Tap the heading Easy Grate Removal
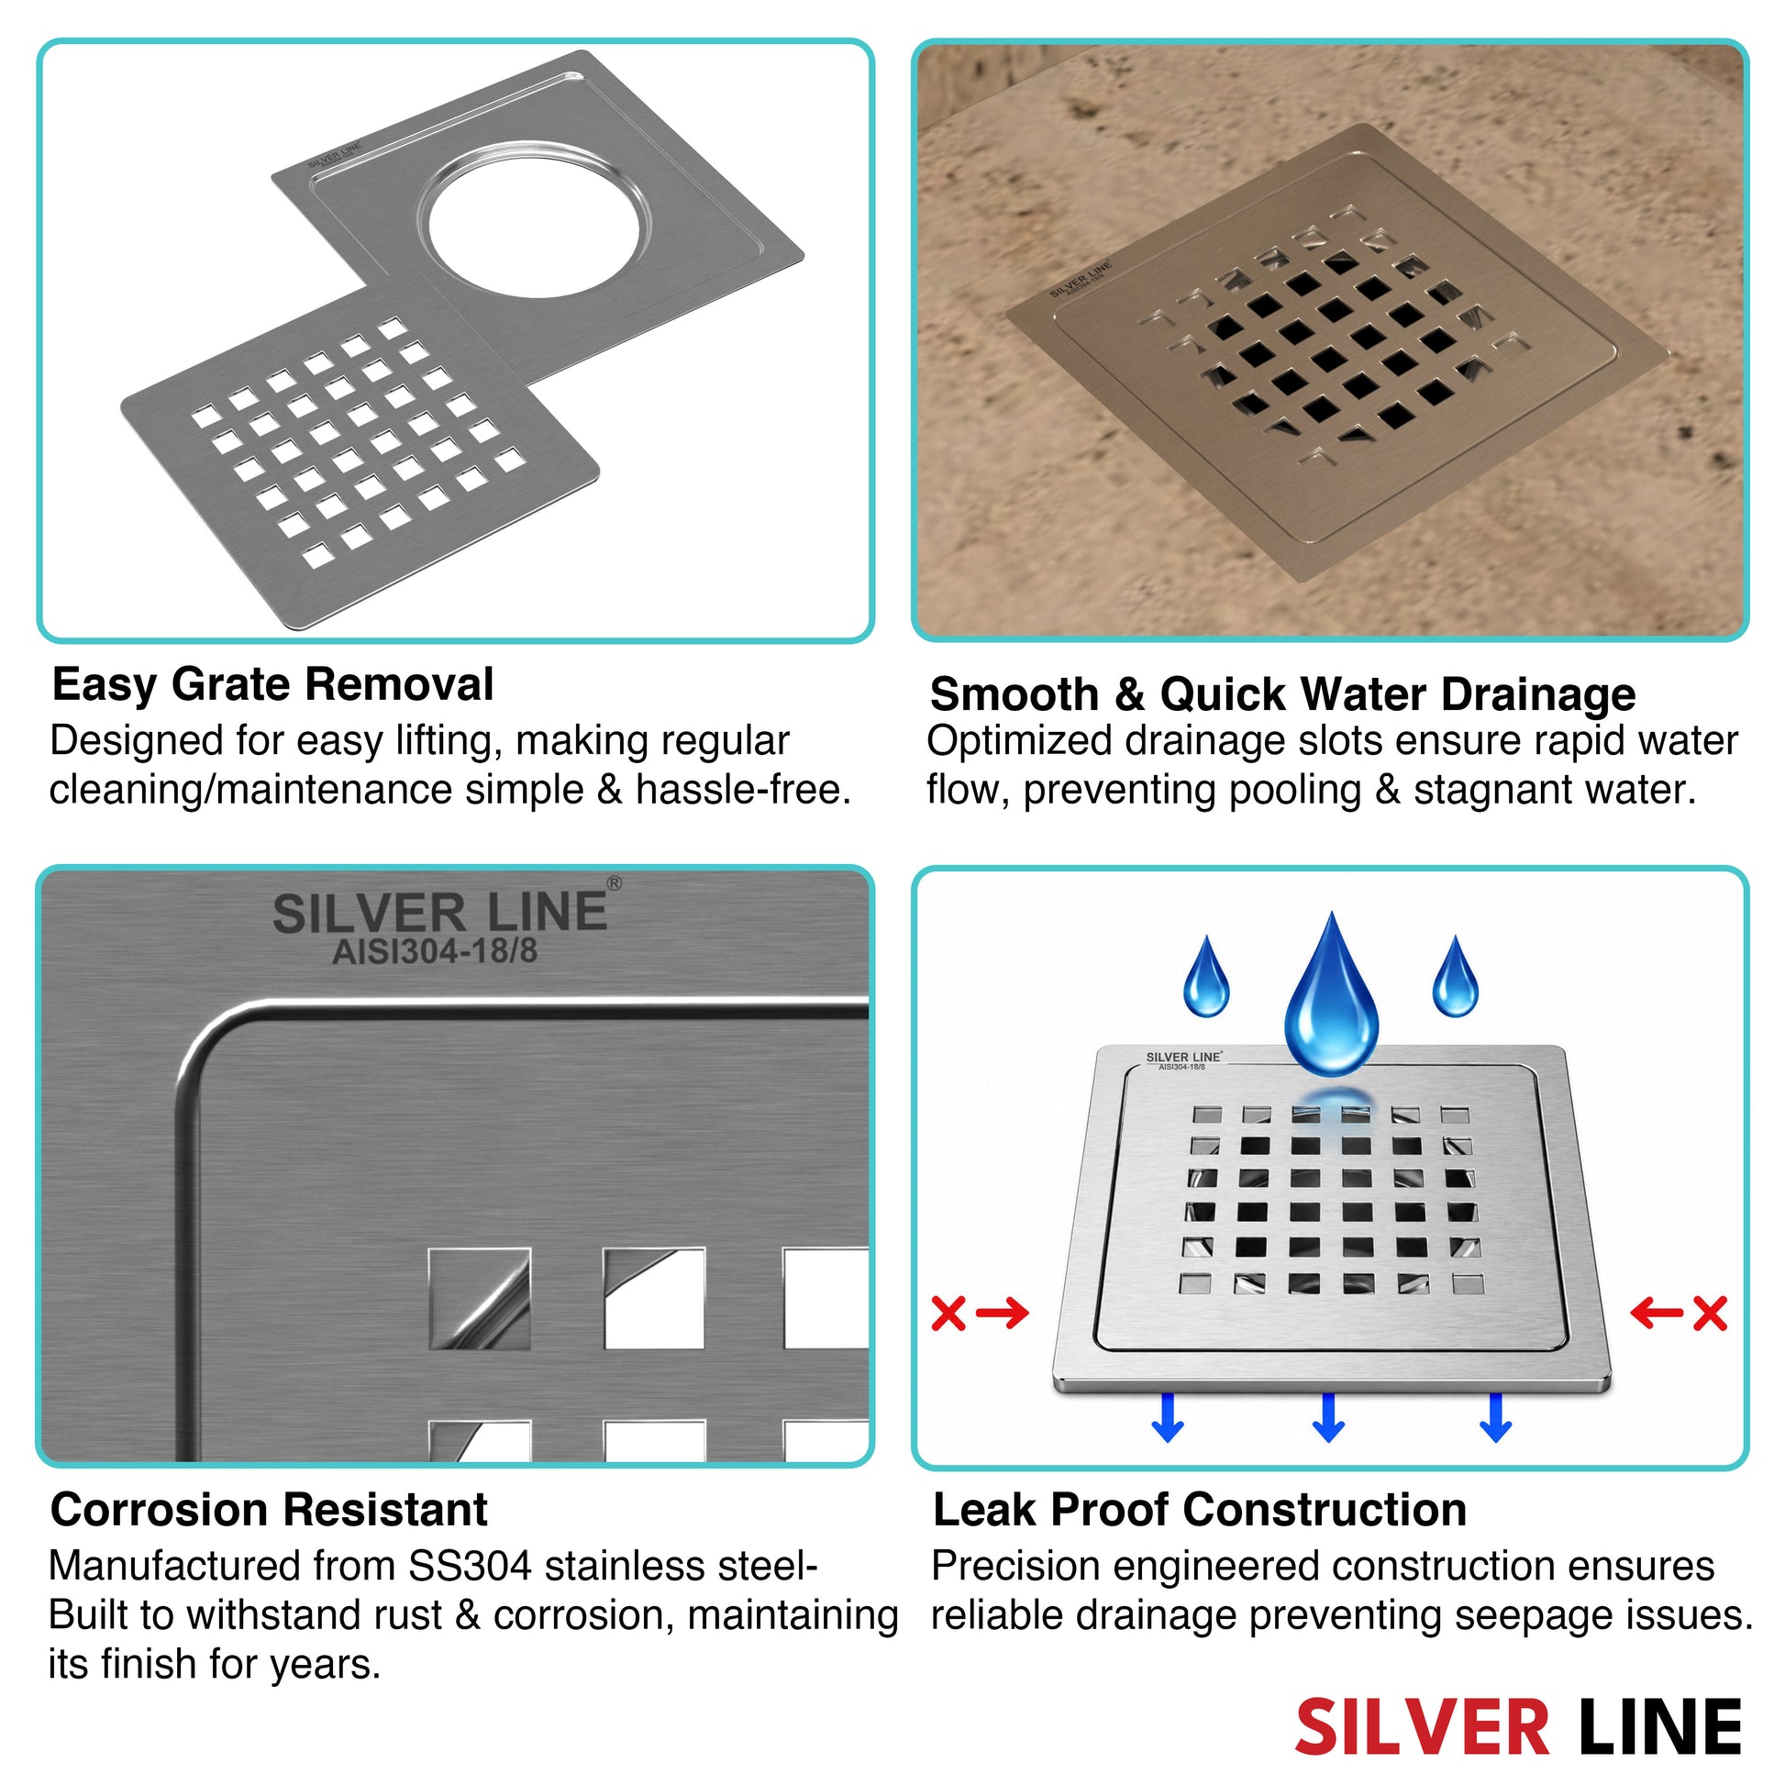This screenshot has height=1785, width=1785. click(273, 684)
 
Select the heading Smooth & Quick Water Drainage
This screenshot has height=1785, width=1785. click(1282, 694)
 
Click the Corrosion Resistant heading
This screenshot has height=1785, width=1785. click(269, 1510)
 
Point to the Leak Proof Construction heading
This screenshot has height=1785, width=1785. click(1200, 1510)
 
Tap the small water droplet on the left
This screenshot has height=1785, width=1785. click(1206, 978)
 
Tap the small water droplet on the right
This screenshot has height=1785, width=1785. click(1455, 978)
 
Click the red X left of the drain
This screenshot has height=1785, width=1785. click(948, 1313)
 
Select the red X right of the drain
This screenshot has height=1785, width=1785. click(1710, 1313)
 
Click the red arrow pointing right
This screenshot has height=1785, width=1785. click(1003, 1313)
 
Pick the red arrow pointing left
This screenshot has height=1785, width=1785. click(1657, 1313)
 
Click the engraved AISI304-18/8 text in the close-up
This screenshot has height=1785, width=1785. click(434, 950)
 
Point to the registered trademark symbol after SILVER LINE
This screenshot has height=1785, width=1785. click(614, 883)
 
